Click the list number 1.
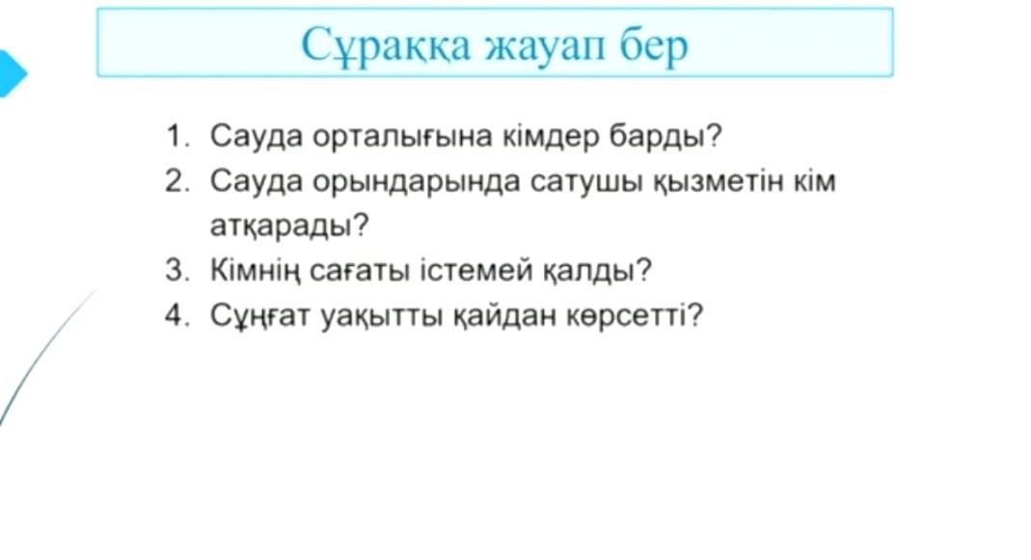176,136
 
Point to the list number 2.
176,181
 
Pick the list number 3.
176,270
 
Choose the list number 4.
176,315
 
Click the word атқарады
289,227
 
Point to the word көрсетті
635,315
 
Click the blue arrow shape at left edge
12,73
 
